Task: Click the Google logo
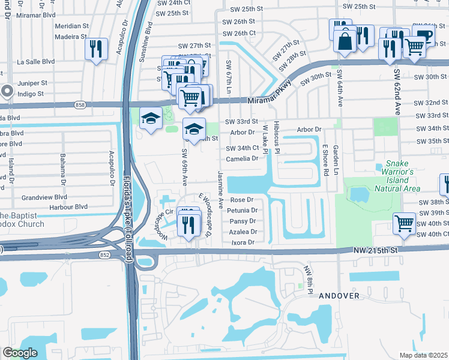pos(19,352)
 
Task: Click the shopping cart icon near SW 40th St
pos(405,223)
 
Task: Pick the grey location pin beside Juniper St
pos(7,91)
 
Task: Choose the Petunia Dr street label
pos(243,211)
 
